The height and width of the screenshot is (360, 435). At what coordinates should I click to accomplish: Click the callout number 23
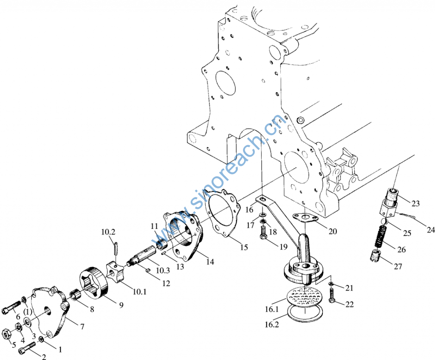click(415, 204)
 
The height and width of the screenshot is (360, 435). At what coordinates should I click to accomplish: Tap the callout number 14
click(210, 262)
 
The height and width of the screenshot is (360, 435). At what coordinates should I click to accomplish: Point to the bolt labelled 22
click(332, 295)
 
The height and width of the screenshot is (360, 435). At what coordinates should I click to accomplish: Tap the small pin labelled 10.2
click(116, 246)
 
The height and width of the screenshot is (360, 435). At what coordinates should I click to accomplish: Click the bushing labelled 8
click(75, 293)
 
